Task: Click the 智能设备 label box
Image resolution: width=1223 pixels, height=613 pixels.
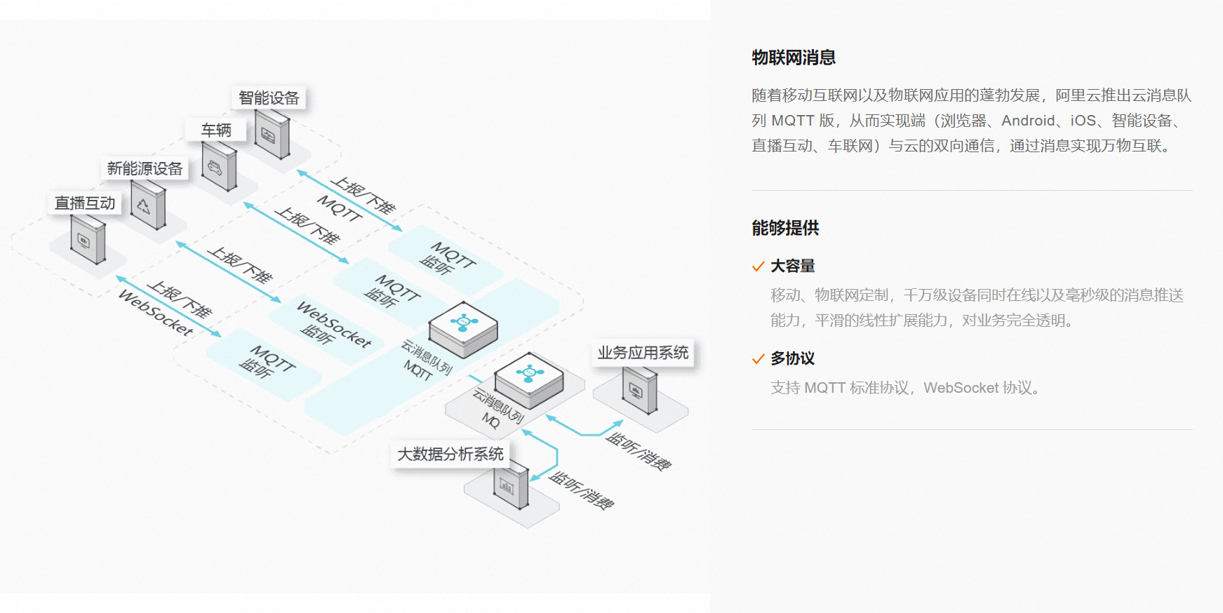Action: click(x=269, y=98)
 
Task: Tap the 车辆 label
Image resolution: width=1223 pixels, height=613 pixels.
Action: click(x=216, y=130)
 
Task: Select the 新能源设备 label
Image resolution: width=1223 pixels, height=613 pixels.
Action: click(x=145, y=168)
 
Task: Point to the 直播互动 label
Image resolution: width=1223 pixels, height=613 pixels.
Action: click(x=85, y=203)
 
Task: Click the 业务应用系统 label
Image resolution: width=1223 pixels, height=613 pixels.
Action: click(x=643, y=353)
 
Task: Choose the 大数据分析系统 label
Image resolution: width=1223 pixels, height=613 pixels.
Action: click(x=450, y=454)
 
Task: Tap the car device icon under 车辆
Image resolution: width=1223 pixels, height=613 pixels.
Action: click(x=218, y=167)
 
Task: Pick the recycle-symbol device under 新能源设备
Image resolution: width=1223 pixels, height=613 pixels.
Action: click(x=148, y=206)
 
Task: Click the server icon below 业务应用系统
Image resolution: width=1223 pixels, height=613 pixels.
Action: click(x=639, y=391)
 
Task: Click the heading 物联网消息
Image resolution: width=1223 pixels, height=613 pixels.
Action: click(x=794, y=58)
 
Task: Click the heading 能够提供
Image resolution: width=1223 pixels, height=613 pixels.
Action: click(x=785, y=228)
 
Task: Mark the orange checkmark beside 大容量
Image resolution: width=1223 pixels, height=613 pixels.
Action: click(x=758, y=267)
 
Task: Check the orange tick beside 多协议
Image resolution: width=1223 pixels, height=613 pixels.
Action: click(x=758, y=359)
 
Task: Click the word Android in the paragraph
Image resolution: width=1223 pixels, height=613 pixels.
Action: click(x=1028, y=121)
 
